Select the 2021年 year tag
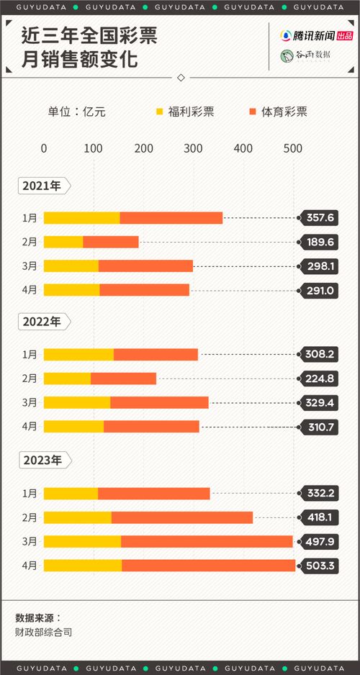[43, 186]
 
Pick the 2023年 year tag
[43, 459]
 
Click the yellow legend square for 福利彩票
[160, 112]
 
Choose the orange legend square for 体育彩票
[252, 112]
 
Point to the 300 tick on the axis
[193, 148]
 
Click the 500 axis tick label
[292, 148]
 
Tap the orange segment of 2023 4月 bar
[208, 566]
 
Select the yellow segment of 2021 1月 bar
[81, 218]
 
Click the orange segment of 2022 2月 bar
[123, 379]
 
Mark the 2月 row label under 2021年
[30, 243]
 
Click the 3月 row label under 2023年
[30, 541]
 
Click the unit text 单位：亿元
[76, 112]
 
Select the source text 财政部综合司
[44, 633]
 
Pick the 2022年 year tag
[43, 322]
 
